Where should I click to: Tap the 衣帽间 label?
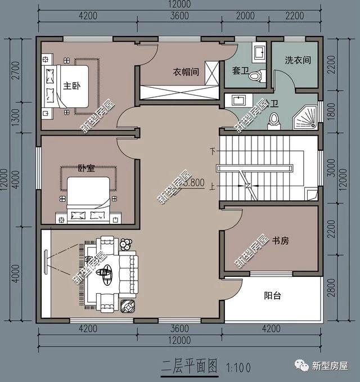click(185, 71)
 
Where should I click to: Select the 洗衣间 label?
click(298, 60)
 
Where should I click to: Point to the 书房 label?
click(280, 241)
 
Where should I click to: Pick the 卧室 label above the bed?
click(86, 168)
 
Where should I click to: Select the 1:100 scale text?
click(238, 368)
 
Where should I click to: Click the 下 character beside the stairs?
click(213, 151)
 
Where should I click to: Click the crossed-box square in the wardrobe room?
click(212, 73)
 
